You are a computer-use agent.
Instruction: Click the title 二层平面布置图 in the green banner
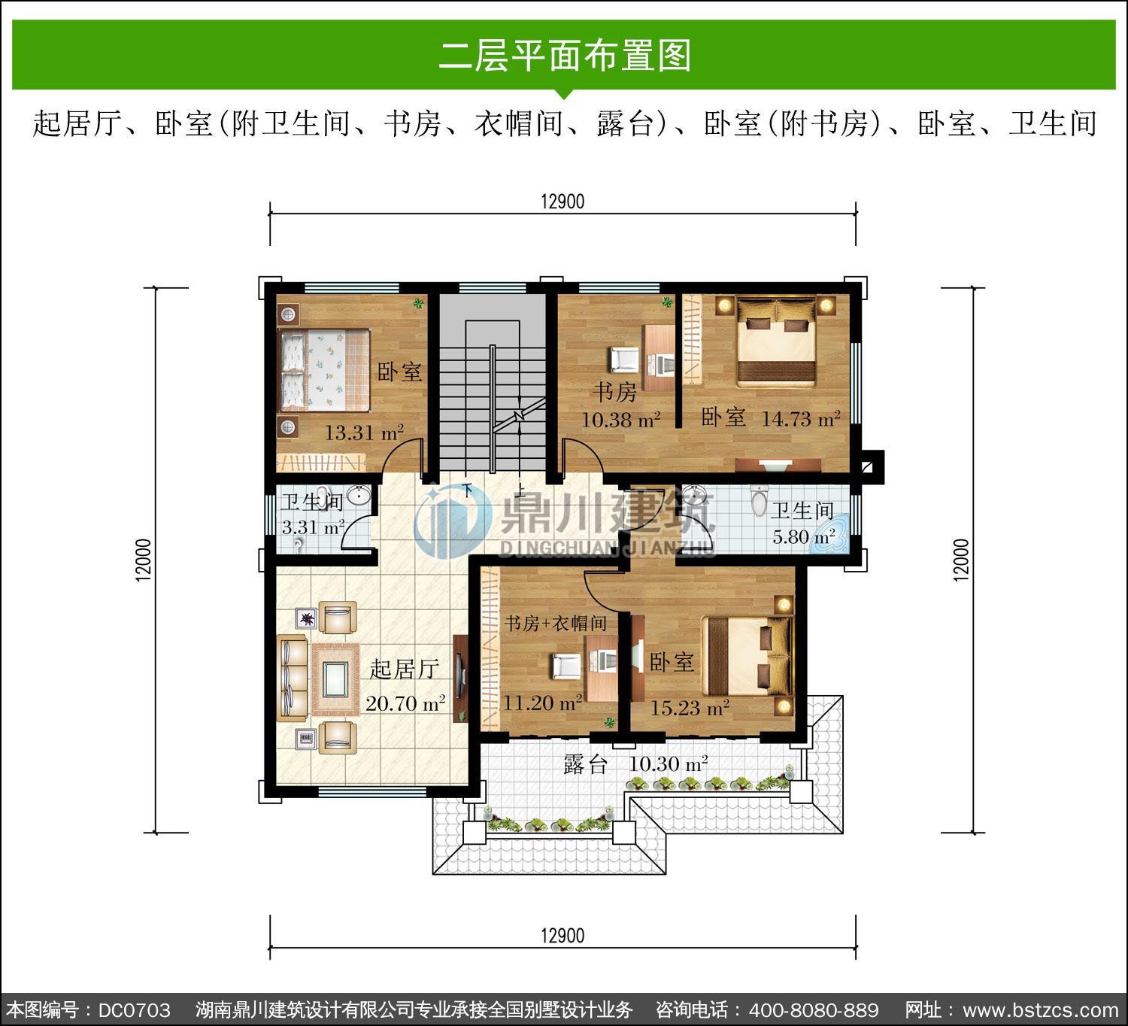click(564, 56)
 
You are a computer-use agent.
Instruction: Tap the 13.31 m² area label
click(365, 433)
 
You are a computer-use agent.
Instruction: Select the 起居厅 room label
click(405, 669)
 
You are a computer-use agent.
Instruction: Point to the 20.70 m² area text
click(405, 703)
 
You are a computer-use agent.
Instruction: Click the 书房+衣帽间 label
click(556, 624)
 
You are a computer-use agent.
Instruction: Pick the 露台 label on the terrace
click(585, 764)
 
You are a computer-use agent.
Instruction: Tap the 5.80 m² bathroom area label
click(804, 536)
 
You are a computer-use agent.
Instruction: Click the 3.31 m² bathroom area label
click(313, 527)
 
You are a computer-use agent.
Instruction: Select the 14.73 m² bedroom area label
click(801, 419)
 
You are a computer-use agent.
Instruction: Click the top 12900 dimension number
click(562, 202)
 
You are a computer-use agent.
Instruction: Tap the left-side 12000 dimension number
click(144, 560)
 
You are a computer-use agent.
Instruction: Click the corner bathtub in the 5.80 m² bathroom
click(830, 539)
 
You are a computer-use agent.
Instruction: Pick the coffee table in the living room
click(335, 679)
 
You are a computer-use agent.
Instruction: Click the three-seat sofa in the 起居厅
click(293, 678)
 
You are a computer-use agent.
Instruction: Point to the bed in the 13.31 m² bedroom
click(325, 370)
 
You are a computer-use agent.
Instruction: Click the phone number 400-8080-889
click(813, 1010)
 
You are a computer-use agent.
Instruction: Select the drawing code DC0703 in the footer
click(135, 1010)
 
